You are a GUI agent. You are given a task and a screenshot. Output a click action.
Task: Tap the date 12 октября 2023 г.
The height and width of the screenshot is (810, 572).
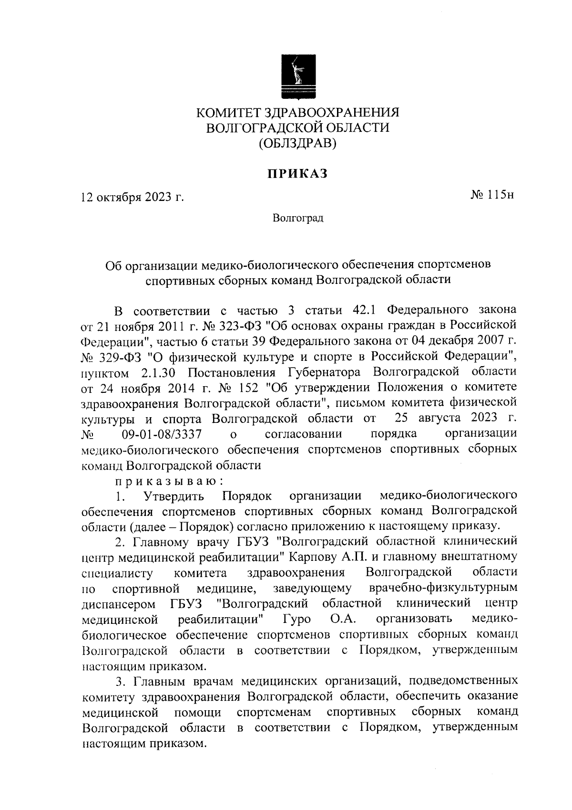click(x=132, y=198)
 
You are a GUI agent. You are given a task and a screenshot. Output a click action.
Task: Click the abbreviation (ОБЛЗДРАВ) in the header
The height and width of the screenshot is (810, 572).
click(x=297, y=143)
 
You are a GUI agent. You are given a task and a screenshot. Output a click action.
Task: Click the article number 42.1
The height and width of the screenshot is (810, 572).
click(x=364, y=310)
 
